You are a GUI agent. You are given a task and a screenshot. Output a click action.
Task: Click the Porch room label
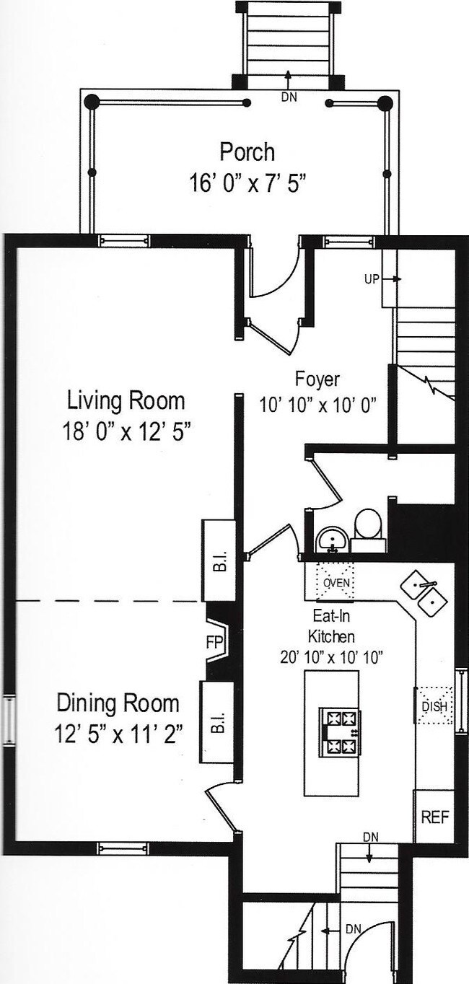pyautogui.click(x=247, y=151)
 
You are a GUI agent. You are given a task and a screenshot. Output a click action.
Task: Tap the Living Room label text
pyautogui.click(x=126, y=401)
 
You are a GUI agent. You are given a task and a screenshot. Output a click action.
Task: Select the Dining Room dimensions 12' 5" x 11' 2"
pyautogui.click(x=118, y=734)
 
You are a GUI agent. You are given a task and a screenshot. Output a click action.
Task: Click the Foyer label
pyautogui.click(x=317, y=379)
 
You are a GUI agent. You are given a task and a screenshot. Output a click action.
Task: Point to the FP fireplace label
pyautogui.click(x=215, y=642)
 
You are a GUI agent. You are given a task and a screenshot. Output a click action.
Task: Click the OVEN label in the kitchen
pyautogui.click(x=336, y=583)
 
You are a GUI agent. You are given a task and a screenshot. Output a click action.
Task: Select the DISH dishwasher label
pyautogui.click(x=434, y=707)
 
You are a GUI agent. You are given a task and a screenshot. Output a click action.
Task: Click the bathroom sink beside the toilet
pyautogui.click(x=332, y=539)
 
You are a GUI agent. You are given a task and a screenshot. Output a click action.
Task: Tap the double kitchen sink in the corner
pyautogui.click(x=424, y=593)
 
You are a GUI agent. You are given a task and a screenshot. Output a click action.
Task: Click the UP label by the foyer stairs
pyautogui.click(x=372, y=279)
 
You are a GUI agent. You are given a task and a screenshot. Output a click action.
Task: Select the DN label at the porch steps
pyautogui.click(x=289, y=97)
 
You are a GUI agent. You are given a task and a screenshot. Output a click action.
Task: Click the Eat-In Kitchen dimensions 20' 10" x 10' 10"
pyautogui.click(x=331, y=658)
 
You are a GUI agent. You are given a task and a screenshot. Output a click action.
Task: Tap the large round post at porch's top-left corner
pyautogui.click(x=92, y=102)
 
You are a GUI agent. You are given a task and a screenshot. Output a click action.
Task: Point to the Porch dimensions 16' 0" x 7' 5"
pyautogui.click(x=247, y=183)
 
